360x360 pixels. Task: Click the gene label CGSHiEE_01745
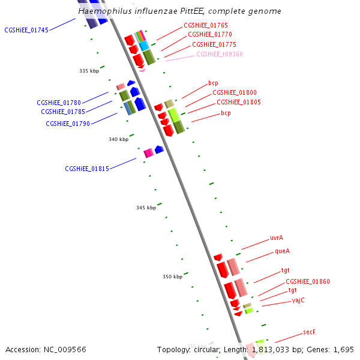tap(26, 30)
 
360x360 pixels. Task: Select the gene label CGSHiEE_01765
tap(205, 25)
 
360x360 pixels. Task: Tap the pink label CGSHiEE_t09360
tap(220, 54)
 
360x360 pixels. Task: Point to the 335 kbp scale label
tap(89, 71)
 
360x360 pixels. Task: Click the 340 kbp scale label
tap(118, 139)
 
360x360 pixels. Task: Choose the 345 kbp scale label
tap(146, 208)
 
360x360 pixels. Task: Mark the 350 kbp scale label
tap(172, 277)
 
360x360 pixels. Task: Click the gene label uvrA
tap(277, 238)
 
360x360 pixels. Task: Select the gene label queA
tap(283, 251)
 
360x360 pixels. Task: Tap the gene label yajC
tap(298, 300)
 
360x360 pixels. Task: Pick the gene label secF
tap(309, 332)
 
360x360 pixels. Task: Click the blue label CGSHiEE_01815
tap(87, 169)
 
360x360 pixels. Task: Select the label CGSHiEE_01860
tap(308, 281)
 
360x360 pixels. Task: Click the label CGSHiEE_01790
tap(68, 124)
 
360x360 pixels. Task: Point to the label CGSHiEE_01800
tap(235, 92)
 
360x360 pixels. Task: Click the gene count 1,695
tap(344, 349)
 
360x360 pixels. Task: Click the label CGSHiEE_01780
tap(59, 103)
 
